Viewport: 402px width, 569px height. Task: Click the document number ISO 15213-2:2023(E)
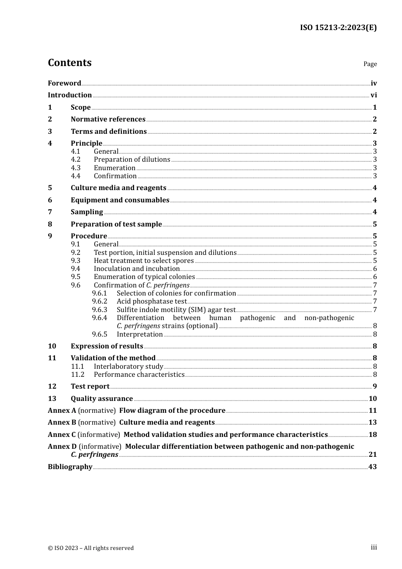coord(338,28)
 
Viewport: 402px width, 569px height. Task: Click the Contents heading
coord(69,63)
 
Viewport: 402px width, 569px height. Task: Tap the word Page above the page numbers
coord(370,64)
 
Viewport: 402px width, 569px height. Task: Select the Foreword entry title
coord(64,83)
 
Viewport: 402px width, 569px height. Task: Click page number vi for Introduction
coord(373,95)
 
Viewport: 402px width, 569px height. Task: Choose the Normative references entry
coord(108,119)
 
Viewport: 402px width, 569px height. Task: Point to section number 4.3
coord(75,168)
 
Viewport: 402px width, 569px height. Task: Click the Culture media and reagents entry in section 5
coord(118,188)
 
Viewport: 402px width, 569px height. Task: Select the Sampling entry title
coord(87,212)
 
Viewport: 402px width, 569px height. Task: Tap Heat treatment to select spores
coord(143,261)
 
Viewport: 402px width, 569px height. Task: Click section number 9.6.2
coord(99,301)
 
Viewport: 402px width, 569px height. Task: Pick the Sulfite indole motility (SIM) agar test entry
coord(176,310)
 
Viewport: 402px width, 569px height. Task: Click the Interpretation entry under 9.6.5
coord(140,334)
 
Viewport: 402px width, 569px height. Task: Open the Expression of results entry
coord(107,346)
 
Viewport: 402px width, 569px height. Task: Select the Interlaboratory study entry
coord(128,367)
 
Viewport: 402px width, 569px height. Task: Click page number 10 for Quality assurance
coord(372,399)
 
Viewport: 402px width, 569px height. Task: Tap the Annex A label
coord(62,411)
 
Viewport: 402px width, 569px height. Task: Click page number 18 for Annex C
coord(372,435)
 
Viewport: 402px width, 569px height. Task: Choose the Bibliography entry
coord(70,467)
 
